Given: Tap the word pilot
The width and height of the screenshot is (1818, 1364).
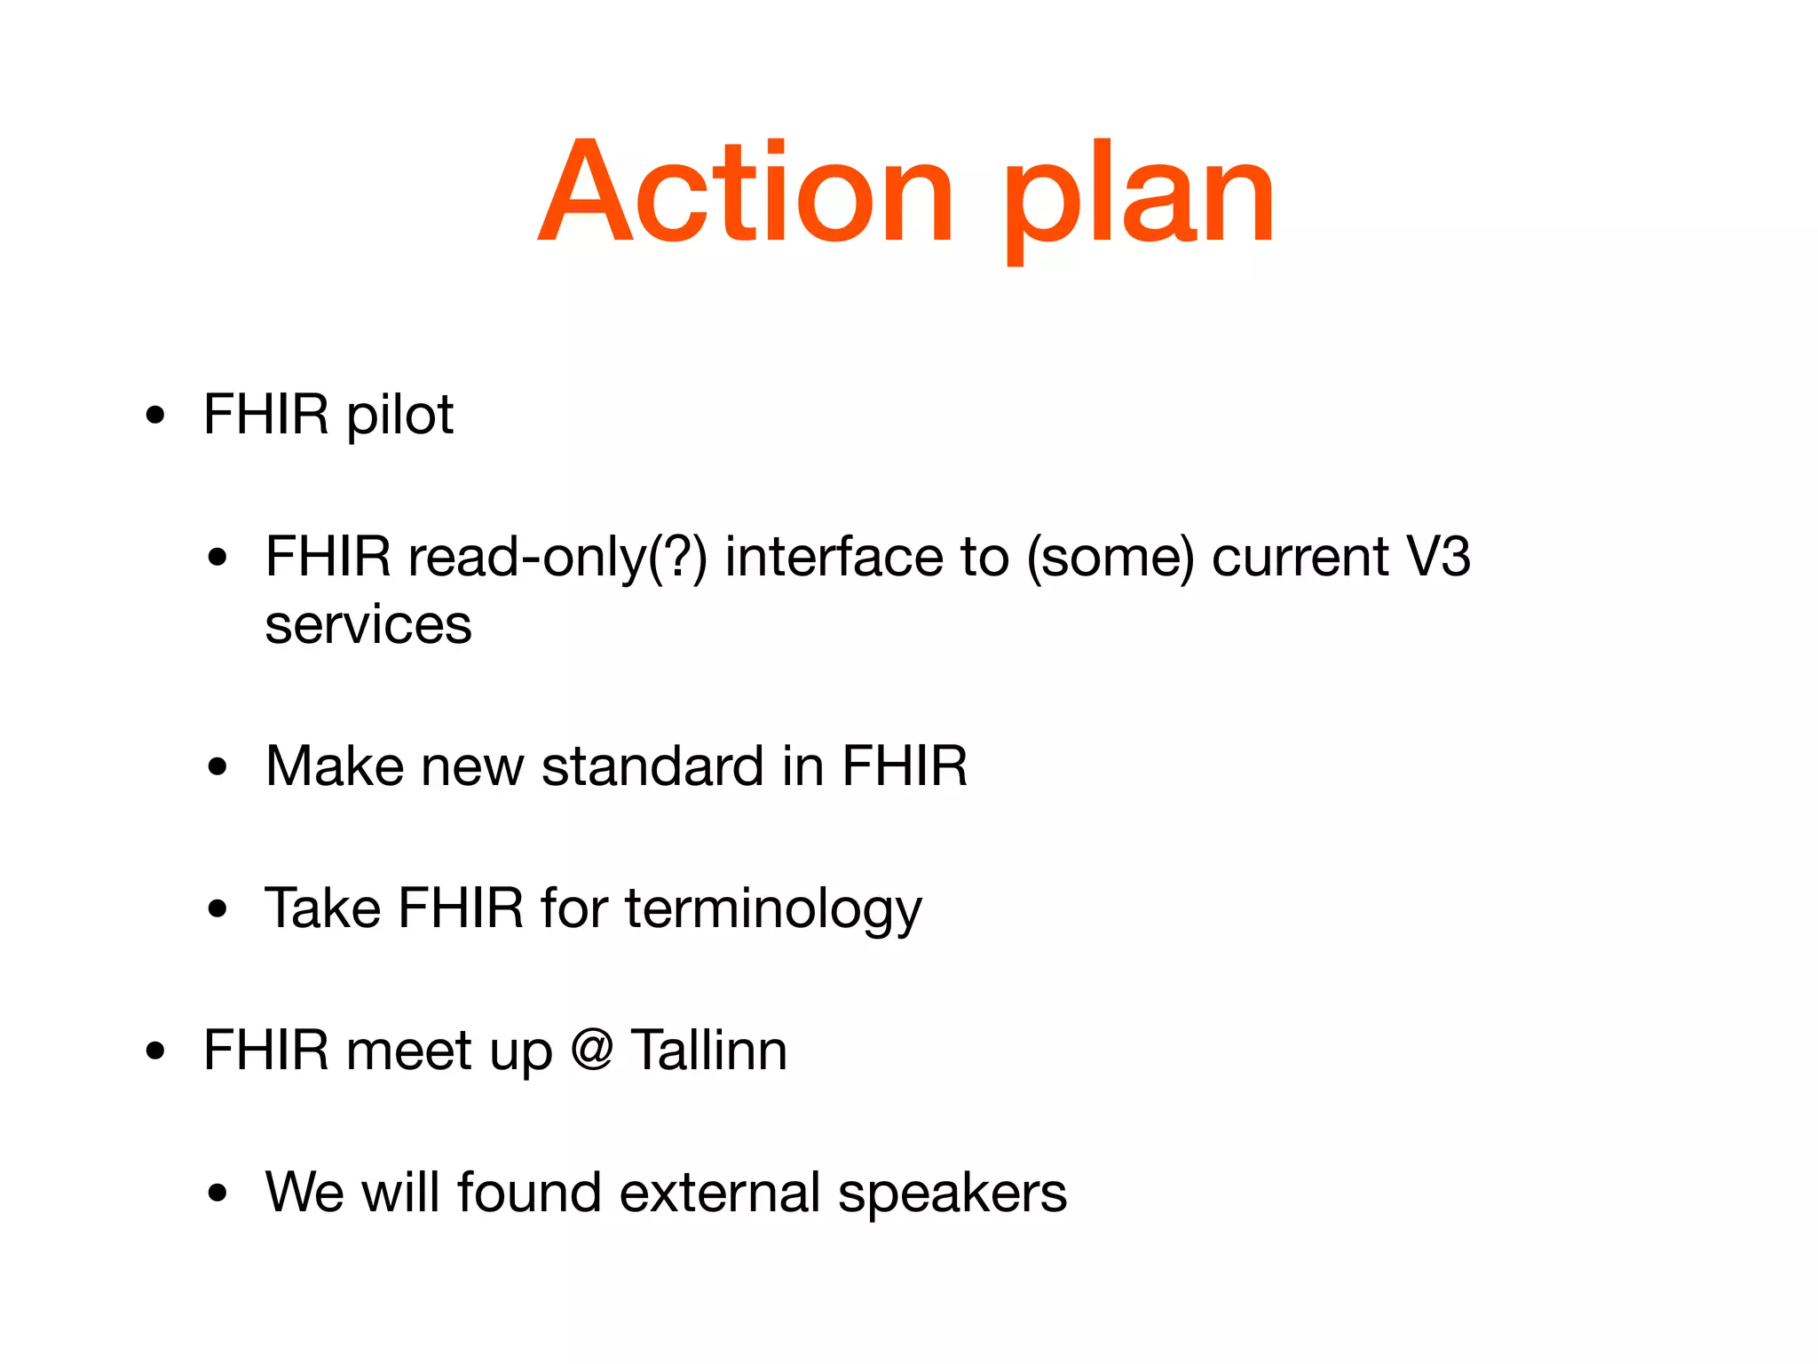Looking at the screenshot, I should point(399,416).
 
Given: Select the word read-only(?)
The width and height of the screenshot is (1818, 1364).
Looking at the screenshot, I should point(557,558).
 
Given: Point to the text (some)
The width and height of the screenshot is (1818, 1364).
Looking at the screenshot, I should point(1111,558).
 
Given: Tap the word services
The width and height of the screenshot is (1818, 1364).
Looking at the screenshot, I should point(368,625).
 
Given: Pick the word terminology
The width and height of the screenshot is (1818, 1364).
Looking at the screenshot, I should point(773,909).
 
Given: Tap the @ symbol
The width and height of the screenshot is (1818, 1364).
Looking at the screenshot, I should point(592,1050).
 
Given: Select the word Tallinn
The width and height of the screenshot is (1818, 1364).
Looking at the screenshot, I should point(708,1050).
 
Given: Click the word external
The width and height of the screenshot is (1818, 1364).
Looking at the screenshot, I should point(719,1192).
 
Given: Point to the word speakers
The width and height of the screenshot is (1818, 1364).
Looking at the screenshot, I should point(952,1193).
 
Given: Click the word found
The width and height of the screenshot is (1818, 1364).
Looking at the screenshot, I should point(529,1192).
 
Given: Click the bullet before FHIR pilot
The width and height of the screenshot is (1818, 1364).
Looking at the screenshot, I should point(156,416).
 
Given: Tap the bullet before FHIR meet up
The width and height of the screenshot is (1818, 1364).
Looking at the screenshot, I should point(156,1051).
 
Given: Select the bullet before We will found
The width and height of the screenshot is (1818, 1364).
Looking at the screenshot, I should point(217,1193).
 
